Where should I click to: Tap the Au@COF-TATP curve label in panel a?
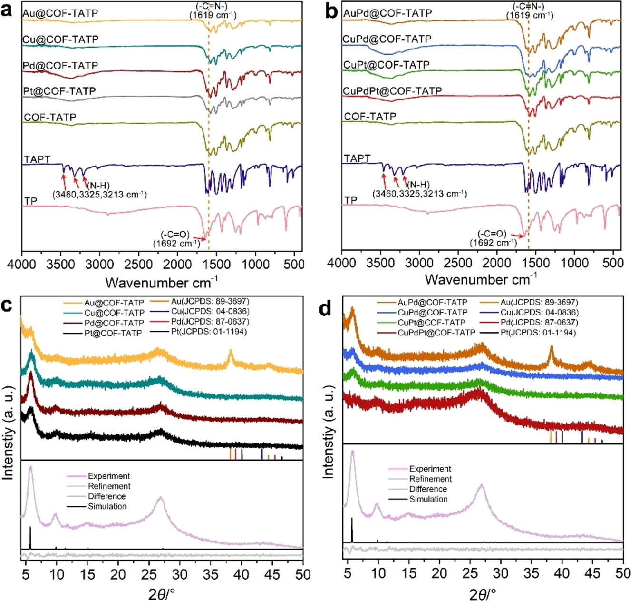click(60, 13)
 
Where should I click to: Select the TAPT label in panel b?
click(357, 158)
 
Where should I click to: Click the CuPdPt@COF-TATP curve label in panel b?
click(393, 90)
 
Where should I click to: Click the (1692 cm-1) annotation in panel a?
click(176, 244)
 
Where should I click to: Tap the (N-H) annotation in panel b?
click(419, 185)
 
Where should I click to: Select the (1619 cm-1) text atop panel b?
click(530, 15)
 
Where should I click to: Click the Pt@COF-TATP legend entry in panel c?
click(113, 333)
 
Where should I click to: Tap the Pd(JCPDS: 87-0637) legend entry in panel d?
click(538, 323)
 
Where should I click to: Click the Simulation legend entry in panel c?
click(107, 506)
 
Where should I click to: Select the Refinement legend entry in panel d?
click(430, 479)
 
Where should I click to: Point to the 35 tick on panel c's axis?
click(211, 574)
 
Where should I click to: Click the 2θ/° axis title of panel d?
click(483, 594)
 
